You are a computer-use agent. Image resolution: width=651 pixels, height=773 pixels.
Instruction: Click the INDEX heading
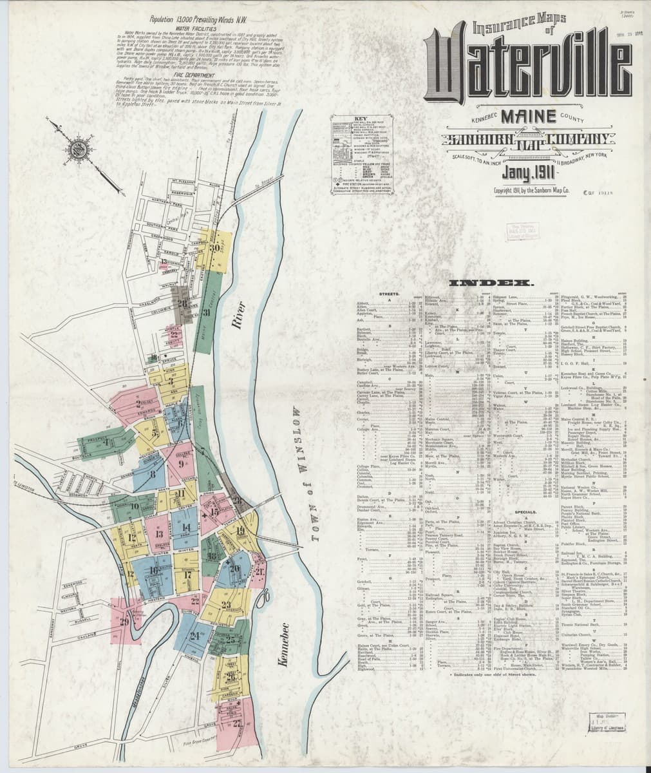coord(493,283)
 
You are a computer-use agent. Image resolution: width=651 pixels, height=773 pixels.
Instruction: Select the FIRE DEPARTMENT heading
coord(169,93)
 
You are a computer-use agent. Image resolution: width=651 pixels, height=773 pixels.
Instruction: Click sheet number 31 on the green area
coord(207,313)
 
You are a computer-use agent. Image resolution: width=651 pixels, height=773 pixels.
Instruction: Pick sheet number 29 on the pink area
coord(124,620)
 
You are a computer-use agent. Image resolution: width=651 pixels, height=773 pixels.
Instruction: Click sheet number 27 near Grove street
coord(238,721)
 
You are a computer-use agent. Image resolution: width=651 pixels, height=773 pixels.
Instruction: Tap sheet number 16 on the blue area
coord(154,569)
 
